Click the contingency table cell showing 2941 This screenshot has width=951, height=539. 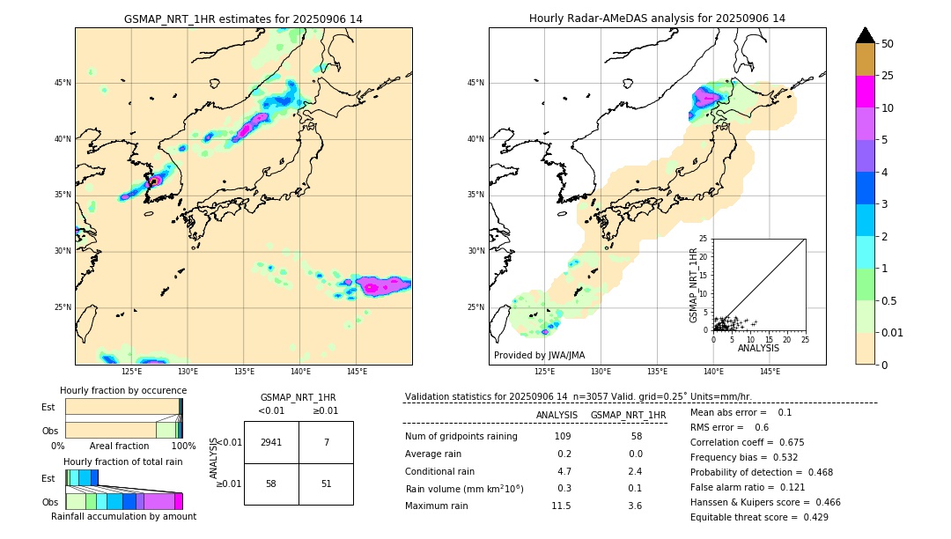click(271, 442)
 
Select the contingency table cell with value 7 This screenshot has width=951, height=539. click(326, 442)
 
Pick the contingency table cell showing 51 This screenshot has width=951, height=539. click(326, 484)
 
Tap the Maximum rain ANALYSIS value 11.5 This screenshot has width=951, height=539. click(561, 506)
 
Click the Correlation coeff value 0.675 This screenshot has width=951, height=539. click(807, 442)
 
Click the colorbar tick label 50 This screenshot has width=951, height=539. click(888, 44)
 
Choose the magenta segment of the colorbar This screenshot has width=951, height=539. click(866, 92)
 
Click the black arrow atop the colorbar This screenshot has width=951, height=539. click(866, 35)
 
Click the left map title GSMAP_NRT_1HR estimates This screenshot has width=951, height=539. click(243, 18)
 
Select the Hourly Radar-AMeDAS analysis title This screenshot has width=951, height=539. click(657, 18)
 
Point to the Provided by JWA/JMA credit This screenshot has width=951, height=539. click(539, 355)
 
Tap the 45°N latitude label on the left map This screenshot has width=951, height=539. click(63, 83)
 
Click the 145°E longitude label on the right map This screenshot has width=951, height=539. click(770, 372)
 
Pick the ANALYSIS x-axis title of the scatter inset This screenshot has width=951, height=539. click(758, 348)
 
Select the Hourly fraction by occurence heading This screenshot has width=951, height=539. click(123, 390)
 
